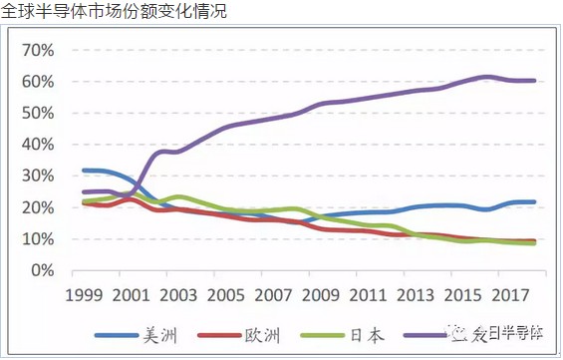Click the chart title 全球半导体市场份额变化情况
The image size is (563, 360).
pyautogui.click(x=114, y=12)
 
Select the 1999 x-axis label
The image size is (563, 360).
pyautogui.click(x=85, y=296)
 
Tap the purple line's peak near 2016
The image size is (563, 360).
pyautogui.click(x=484, y=77)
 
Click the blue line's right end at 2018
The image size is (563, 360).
pyautogui.click(x=534, y=202)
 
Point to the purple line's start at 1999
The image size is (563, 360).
pyautogui.click(x=84, y=191)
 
